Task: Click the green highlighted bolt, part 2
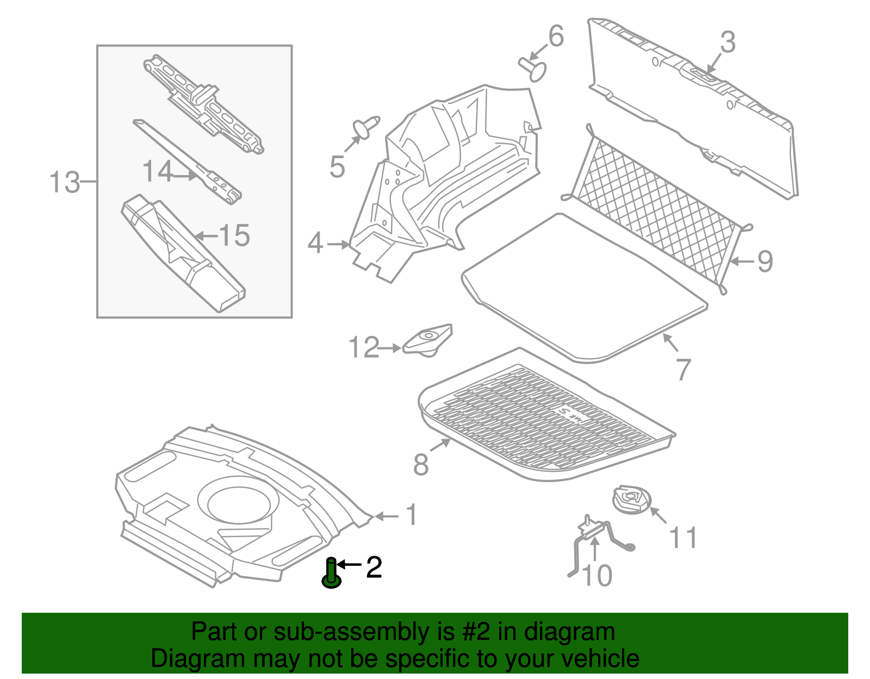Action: click(331, 574)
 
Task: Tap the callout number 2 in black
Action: click(374, 567)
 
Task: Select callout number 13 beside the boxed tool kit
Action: click(64, 183)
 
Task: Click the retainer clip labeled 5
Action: click(365, 127)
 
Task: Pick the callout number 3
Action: click(728, 42)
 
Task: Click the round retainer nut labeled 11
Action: click(632, 500)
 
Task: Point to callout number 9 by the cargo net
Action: click(765, 261)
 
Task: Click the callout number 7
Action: click(683, 369)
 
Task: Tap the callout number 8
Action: click(421, 465)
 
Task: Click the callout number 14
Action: click(158, 171)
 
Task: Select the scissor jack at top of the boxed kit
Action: click(203, 104)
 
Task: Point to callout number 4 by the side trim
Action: click(315, 243)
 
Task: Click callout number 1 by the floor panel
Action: click(412, 515)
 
